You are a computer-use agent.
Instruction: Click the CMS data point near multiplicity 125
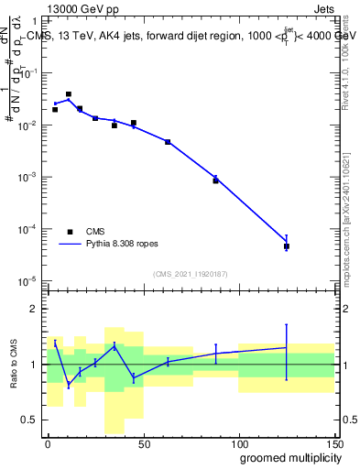(287, 246)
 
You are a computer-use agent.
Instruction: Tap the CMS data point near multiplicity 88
(216, 180)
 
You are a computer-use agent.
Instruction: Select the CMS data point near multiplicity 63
(168, 142)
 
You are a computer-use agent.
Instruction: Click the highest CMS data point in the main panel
(69, 94)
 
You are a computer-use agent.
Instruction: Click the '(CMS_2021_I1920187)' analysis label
(191, 274)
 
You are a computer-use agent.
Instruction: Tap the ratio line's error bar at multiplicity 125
(287, 348)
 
